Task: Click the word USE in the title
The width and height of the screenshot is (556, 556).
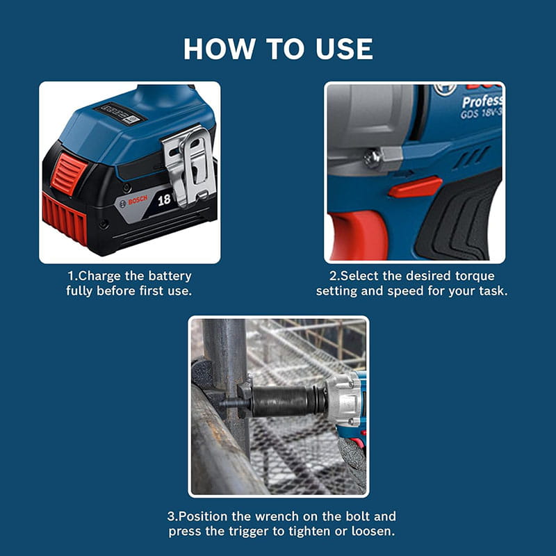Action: (x=344, y=49)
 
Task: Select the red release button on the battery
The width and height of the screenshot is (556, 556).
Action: (x=68, y=173)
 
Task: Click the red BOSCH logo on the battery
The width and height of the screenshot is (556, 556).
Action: (x=137, y=200)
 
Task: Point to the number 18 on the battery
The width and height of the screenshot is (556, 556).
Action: (x=164, y=200)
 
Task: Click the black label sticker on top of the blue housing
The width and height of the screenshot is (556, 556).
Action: (x=120, y=113)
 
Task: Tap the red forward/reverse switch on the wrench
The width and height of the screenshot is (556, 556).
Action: (x=415, y=187)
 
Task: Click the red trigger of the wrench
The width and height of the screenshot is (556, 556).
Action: (x=358, y=236)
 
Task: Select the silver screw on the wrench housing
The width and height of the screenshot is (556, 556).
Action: (x=372, y=158)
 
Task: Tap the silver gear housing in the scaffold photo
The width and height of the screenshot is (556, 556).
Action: (x=343, y=399)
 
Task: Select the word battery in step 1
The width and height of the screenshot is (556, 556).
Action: (x=170, y=276)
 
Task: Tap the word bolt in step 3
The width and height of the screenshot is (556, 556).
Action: (x=358, y=516)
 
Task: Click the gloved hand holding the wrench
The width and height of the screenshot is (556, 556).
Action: (x=352, y=461)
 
